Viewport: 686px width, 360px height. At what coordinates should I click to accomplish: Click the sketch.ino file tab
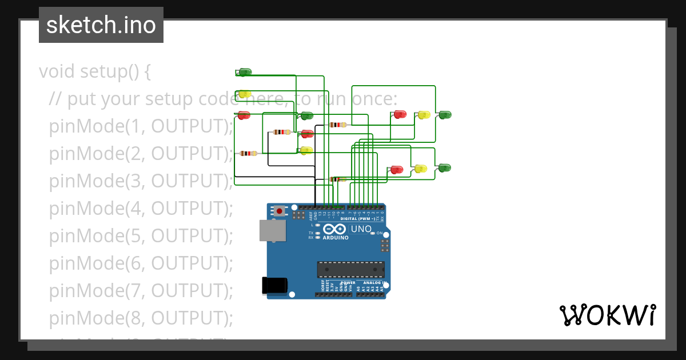coord(101,25)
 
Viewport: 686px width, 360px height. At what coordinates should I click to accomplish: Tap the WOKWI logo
coord(607,315)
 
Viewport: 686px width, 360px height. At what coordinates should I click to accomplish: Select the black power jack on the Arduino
coord(274,286)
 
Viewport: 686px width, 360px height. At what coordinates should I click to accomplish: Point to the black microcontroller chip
coord(351,270)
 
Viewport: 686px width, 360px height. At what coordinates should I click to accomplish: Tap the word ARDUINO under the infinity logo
coord(336,238)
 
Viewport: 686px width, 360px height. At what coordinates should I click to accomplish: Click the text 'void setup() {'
coord(95,72)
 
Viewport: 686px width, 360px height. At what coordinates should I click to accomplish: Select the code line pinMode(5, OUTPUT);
coord(141,235)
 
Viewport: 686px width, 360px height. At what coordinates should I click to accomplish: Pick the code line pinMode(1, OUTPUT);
coord(141,126)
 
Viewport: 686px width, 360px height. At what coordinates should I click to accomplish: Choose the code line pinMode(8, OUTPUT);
coord(141,318)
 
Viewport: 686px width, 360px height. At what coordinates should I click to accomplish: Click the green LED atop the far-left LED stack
coord(245,72)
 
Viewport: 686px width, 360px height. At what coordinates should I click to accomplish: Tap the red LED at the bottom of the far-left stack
coord(244,115)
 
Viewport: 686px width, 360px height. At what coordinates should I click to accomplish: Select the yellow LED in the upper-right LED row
coord(424,115)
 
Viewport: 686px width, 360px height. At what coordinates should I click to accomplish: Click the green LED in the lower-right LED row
coord(444,168)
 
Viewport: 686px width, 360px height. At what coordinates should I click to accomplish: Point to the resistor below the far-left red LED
coord(248,153)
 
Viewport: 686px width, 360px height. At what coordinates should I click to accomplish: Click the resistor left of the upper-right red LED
coord(338,125)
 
